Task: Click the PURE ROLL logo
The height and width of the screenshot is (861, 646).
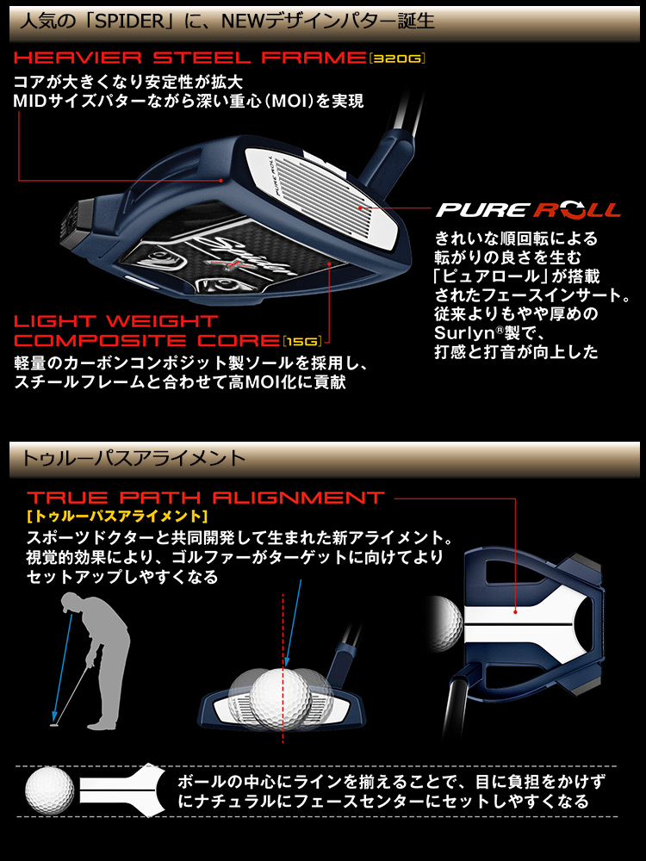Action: [528, 210]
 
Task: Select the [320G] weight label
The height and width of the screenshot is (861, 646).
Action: [397, 59]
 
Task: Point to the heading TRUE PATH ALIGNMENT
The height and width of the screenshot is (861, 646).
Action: [206, 498]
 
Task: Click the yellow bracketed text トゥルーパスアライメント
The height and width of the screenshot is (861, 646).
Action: [117, 517]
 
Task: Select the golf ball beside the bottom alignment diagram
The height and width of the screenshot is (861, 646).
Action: [50, 791]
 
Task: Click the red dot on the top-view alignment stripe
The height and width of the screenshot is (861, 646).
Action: [515, 613]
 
